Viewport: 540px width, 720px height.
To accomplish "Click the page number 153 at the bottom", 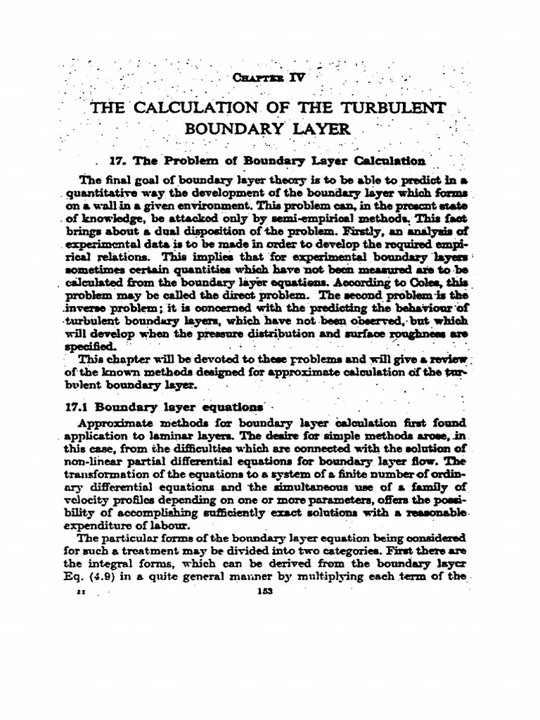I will (x=265, y=592).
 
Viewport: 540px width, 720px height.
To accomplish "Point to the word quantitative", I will (x=103, y=192).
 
